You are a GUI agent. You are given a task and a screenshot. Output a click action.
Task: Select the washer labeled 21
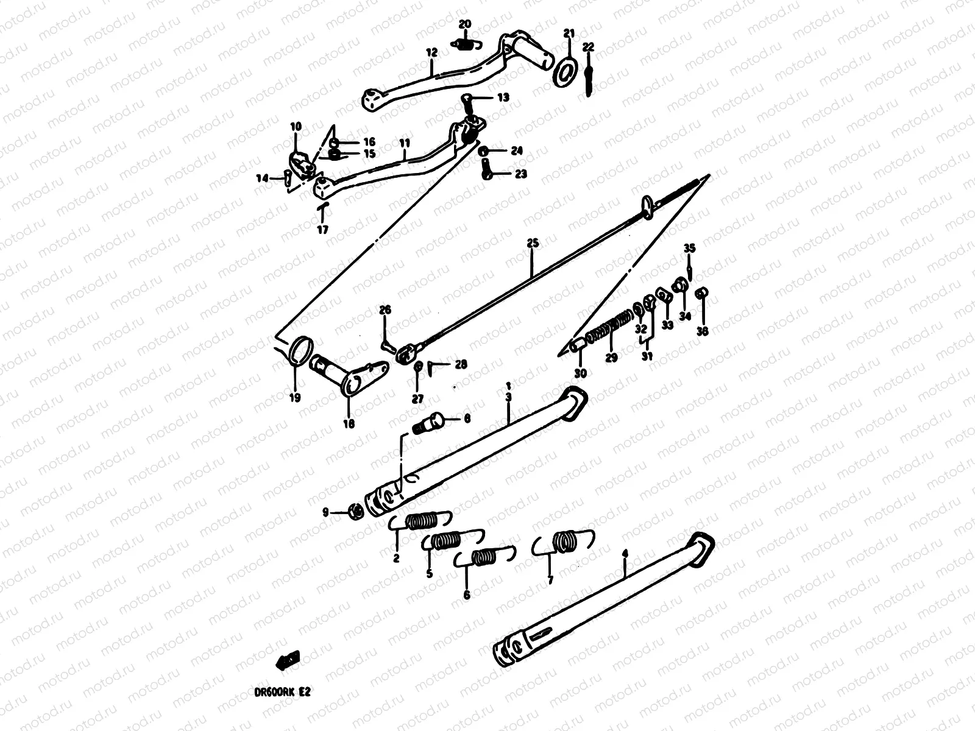[565, 71]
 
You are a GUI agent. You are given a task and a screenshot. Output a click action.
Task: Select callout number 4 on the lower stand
[625, 554]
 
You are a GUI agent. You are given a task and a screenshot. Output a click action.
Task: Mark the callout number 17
[322, 230]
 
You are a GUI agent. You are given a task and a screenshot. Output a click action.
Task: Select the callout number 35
[689, 248]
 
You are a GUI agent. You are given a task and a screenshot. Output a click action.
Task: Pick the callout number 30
[580, 373]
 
